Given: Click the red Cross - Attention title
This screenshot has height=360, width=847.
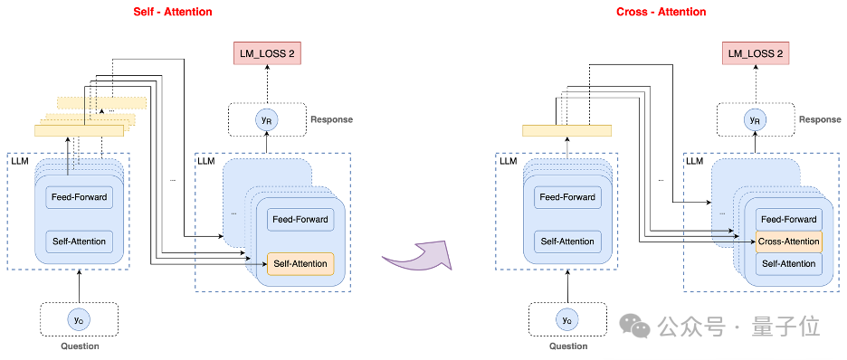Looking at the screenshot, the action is click(661, 12).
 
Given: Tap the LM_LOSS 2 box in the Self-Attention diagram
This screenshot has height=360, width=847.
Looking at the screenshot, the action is click(267, 54).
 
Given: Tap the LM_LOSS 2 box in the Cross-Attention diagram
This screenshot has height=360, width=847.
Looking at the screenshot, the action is click(756, 54).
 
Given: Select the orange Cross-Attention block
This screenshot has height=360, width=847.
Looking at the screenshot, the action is click(789, 242).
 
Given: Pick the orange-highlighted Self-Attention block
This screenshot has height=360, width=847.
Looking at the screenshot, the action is click(300, 264).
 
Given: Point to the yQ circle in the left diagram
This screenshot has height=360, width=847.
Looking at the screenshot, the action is click(79, 319).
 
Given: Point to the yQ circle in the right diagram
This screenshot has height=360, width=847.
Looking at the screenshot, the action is click(567, 319).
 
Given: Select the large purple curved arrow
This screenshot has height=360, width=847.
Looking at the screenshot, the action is click(416, 256).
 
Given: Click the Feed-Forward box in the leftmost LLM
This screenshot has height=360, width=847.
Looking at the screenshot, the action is click(80, 197).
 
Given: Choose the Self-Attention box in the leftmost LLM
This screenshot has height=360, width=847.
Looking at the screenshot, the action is click(80, 242).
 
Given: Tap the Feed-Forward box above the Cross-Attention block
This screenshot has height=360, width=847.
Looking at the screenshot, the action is click(789, 220).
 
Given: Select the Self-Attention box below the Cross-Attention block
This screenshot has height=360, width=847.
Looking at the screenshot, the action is click(789, 264).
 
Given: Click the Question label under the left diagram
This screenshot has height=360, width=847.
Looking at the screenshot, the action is click(80, 346).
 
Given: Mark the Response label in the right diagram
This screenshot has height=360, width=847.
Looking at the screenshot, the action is click(820, 119).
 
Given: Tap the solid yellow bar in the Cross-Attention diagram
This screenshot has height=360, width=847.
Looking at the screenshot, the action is click(566, 130).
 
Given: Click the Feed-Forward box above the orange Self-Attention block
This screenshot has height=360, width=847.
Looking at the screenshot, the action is click(300, 220).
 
